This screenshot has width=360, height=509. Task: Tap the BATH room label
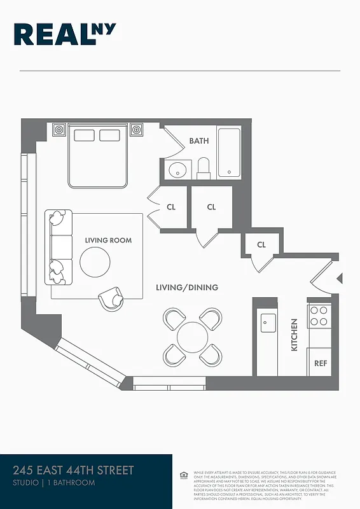(198, 141)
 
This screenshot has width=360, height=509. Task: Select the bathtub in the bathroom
(229, 153)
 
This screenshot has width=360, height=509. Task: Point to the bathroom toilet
(204, 169)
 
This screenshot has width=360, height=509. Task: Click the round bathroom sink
(177, 171)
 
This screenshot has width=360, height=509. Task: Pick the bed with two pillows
(98, 156)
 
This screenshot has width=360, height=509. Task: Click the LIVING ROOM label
(108, 241)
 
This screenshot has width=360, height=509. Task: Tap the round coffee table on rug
(95, 261)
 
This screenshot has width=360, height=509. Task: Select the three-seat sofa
(58, 247)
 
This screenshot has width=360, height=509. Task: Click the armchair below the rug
(112, 298)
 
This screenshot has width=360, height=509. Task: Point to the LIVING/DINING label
(187, 288)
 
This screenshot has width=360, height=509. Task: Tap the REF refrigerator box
(321, 364)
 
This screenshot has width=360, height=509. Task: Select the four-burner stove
(319, 316)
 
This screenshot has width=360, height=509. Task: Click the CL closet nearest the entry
(261, 245)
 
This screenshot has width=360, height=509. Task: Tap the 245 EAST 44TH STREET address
(73, 471)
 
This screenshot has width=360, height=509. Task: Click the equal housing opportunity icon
(183, 475)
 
